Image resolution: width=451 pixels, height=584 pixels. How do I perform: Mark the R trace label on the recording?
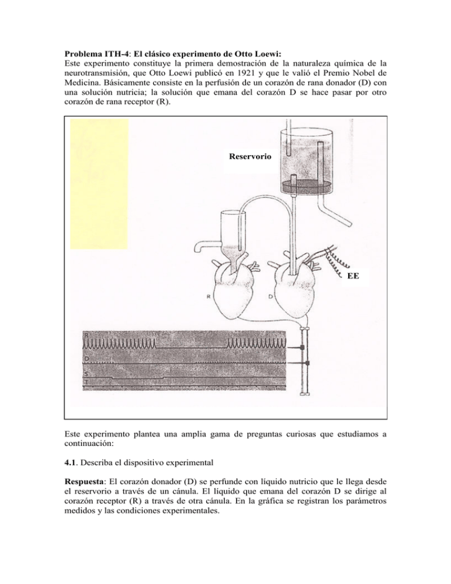pyautogui.click(x=86, y=335)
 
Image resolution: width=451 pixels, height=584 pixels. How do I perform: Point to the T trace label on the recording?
pyautogui.click(x=86, y=382)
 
